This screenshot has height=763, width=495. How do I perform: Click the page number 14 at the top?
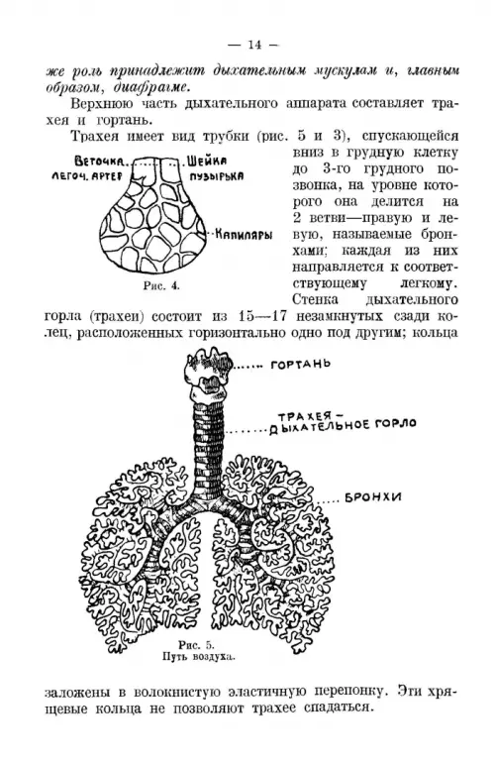click(x=254, y=45)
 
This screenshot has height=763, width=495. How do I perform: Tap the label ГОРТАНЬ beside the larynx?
click(x=300, y=364)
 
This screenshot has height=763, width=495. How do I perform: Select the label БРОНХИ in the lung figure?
click(x=373, y=497)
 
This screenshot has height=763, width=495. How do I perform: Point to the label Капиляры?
click(x=244, y=235)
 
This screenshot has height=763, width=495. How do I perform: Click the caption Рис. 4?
click(x=161, y=286)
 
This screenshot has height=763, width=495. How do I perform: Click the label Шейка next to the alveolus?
click(x=207, y=161)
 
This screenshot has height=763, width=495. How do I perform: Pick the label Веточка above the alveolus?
click(x=101, y=162)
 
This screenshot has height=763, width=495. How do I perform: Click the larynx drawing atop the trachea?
click(x=208, y=373)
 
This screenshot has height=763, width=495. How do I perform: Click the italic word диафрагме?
click(x=150, y=87)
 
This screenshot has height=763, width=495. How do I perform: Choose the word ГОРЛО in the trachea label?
click(x=395, y=423)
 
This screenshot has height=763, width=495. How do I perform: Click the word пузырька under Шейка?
click(x=217, y=176)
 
